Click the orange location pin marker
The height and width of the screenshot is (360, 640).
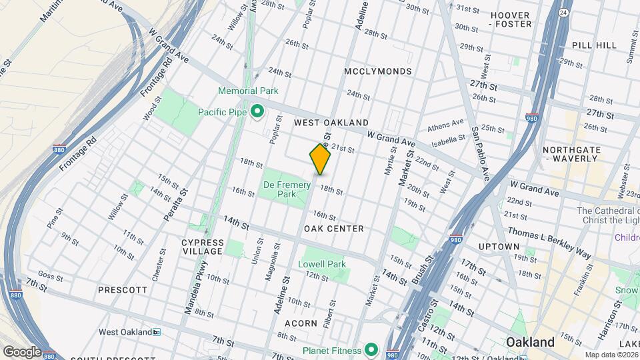pos(320,159)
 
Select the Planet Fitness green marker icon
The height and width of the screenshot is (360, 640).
pos(371,350)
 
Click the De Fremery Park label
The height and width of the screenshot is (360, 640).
pos(279,189)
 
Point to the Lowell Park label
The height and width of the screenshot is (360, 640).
pos(322,264)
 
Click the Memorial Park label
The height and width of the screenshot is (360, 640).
pos(247,91)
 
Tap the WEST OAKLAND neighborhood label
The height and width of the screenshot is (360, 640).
pos(331,123)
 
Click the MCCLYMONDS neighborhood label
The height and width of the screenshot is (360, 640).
pos(378,71)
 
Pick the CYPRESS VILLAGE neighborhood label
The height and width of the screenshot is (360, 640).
pos(203,246)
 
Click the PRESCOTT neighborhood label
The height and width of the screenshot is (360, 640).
pos(122,290)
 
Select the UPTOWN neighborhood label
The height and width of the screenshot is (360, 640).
pos(498,247)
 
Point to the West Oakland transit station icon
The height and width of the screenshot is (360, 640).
pos(156,332)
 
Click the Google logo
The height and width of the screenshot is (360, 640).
pos(21,351)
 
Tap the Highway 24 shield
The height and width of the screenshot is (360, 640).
pos(563,12)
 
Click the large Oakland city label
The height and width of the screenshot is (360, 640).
pos(530,342)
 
